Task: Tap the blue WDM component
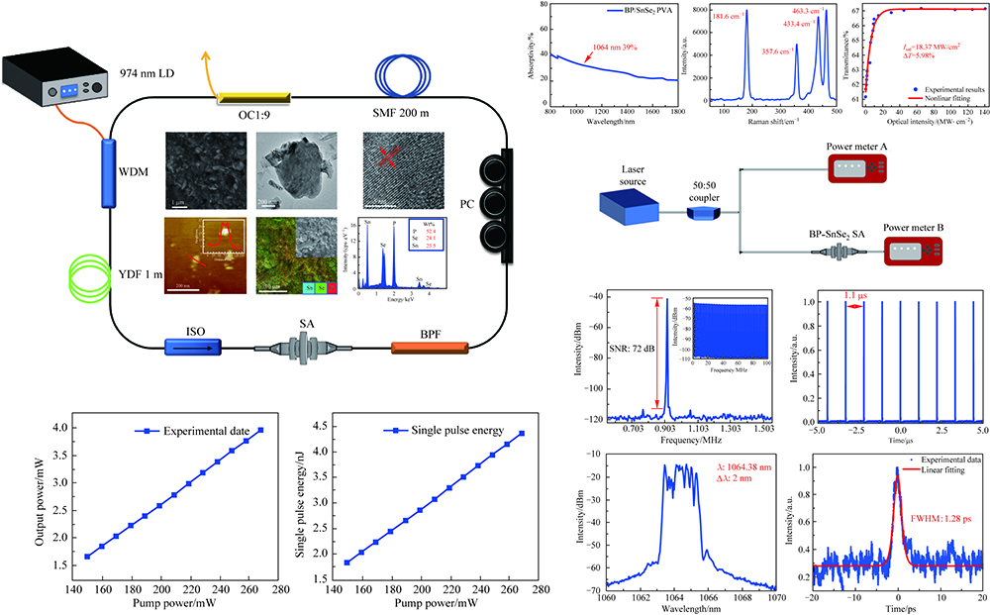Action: [x=106, y=174]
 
